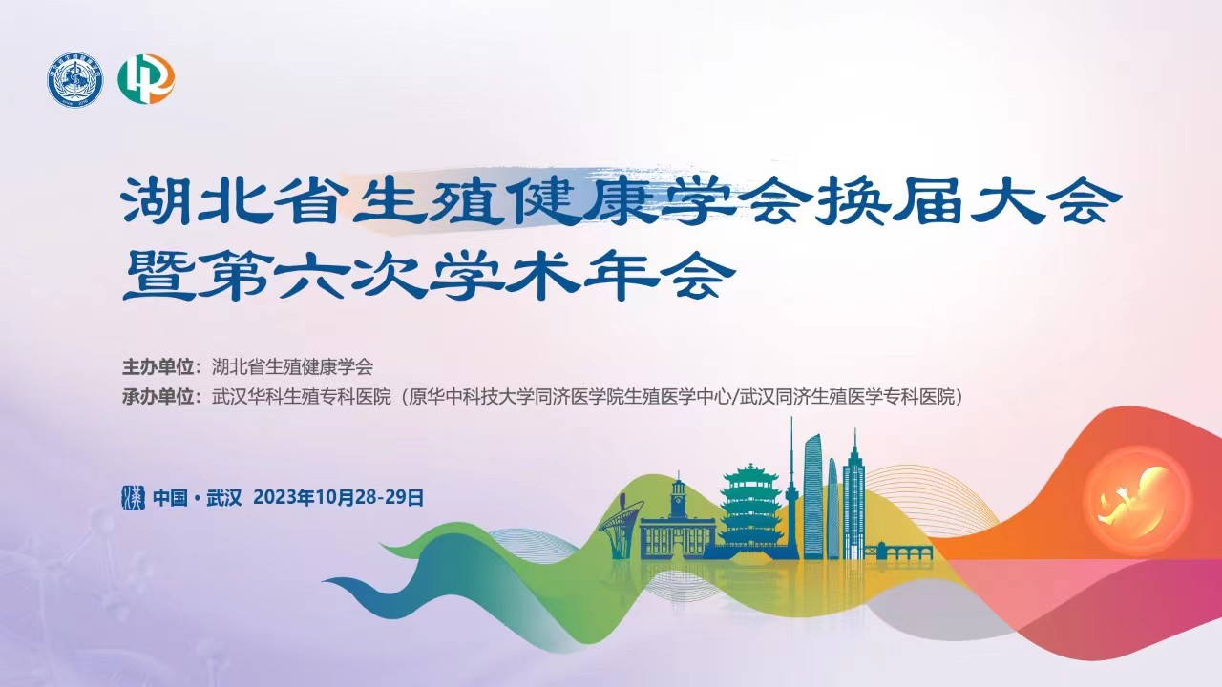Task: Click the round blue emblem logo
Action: pyautogui.click(x=74, y=81)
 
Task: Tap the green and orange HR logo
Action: pyautogui.click(x=146, y=79)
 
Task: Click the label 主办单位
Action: pyautogui.click(x=158, y=367)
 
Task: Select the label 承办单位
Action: pyautogui.click(x=158, y=397)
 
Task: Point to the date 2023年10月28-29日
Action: pyautogui.click(x=339, y=498)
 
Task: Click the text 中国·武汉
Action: pyautogui.click(x=198, y=498)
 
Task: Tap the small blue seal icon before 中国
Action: pyautogui.click(x=133, y=497)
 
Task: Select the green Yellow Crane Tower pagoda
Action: pyautogui.click(x=749, y=506)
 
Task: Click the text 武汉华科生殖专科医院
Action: pyautogui.click(x=303, y=397)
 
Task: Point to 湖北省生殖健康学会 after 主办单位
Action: pyautogui.click(x=292, y=367)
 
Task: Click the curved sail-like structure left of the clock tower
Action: pyautogui.click(x=620, y=525)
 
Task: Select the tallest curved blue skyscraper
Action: pyautogui.click(x=812, y=496)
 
